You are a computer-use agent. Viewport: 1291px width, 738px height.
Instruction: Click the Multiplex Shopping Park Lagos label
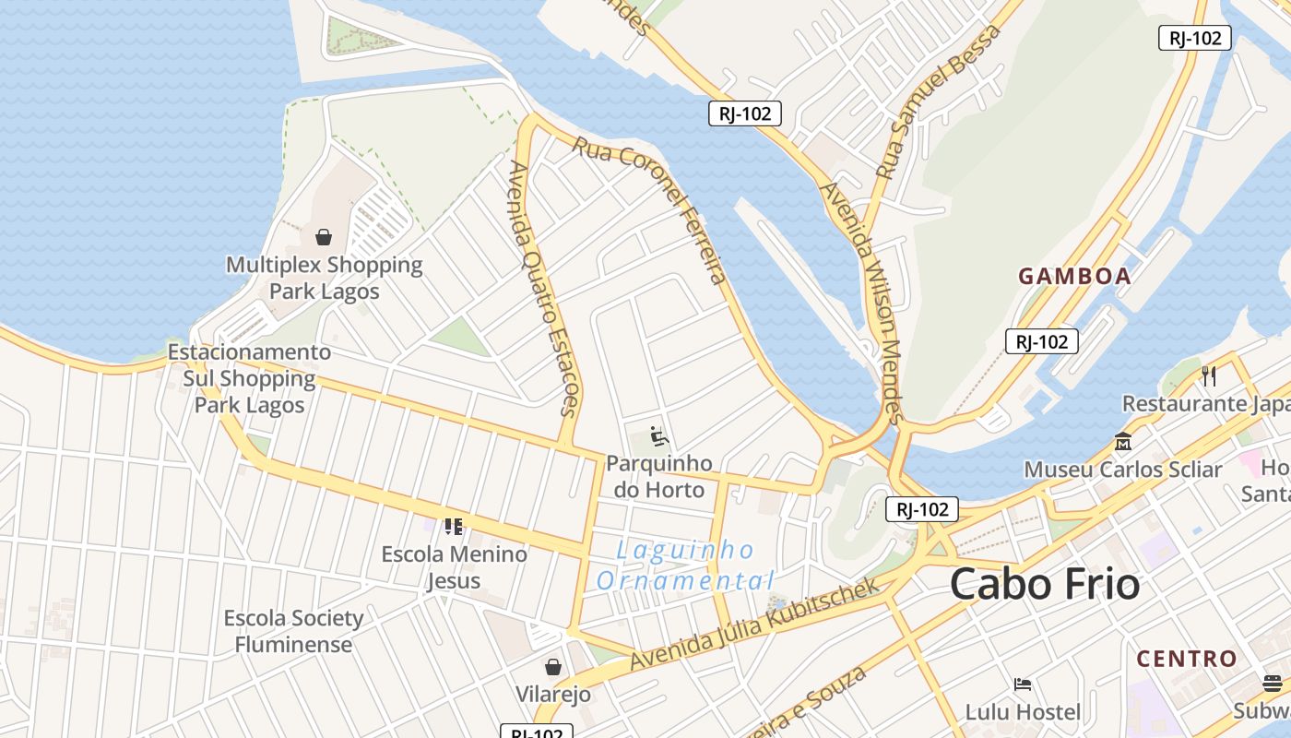[x=324, y=278]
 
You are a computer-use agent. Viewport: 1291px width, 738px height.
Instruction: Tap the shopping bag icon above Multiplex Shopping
[x=324, y=237]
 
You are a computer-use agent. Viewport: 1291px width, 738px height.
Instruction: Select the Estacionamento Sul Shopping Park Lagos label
[x=249, y=378]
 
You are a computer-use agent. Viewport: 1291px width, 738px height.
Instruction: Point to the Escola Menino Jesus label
[x=454, y=566]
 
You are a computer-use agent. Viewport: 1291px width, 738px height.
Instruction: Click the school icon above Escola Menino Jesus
[x=453, y=527]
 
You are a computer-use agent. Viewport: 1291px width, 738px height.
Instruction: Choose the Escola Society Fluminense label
[x=294, y=631]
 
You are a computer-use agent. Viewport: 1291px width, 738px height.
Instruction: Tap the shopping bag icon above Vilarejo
[x=553, y=666]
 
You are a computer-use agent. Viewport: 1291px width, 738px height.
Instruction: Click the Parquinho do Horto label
[x=659, y=476]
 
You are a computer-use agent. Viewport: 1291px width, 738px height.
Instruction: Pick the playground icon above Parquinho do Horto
[x=658, y=434]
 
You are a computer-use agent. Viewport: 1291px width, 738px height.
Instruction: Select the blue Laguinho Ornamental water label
[x=685, y=565]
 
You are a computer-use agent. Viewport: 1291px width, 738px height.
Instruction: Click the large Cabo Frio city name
[x=1045, y=584]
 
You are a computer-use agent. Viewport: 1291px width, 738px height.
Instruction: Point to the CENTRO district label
[x=1187, y=659]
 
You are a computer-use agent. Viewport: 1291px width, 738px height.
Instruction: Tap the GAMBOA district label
[x=1074, y=276]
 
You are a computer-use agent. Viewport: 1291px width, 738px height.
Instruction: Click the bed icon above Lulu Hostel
[x=1023, y=684]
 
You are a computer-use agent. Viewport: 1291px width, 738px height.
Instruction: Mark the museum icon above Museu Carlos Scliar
[x=1122, y=441]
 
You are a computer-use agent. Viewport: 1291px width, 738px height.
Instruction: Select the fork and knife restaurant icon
[x=1209, y=375]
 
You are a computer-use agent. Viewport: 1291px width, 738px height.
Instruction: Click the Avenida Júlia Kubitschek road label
[x=755, y=624]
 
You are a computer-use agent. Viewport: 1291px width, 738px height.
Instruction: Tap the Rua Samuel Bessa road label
[x=938, y=101]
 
